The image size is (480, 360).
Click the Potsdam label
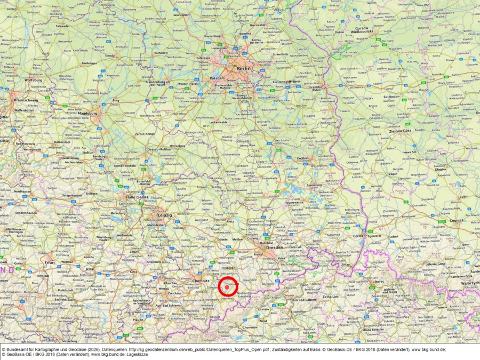tap(218, 77)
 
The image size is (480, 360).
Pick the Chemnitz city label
tap(201, 280)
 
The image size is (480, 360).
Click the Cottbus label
tap(303, 158)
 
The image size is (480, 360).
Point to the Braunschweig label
tap(26, 100)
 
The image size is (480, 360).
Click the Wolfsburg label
tap(33, 80)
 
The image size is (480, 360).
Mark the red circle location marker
tap(229, 287)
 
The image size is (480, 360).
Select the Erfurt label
tap(50, 263)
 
